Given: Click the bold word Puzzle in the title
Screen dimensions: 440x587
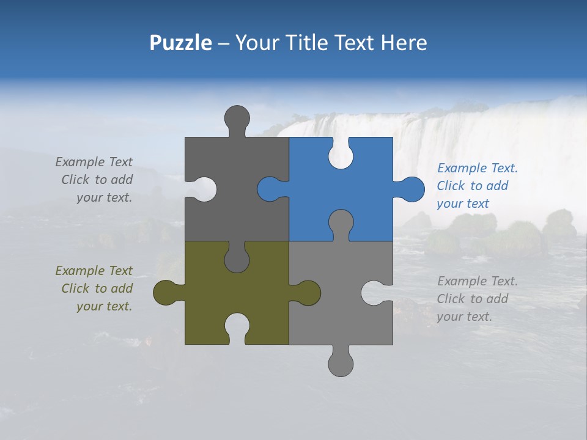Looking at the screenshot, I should [x=181, y=43].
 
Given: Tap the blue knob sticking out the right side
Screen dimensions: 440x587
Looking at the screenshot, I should [x=410, y=189].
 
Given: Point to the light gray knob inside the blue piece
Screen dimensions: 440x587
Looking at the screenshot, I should [x=341, y=224].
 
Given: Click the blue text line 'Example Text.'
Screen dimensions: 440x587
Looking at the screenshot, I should [x=477, y=168].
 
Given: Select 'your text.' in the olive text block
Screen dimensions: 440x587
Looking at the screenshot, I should [x=104, y=306].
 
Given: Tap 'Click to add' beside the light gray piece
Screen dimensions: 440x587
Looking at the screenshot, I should [x=472, y=299].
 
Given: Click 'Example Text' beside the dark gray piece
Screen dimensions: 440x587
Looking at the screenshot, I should [x=94, y=162].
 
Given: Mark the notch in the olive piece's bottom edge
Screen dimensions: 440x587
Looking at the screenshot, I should [x=237, y=327].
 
